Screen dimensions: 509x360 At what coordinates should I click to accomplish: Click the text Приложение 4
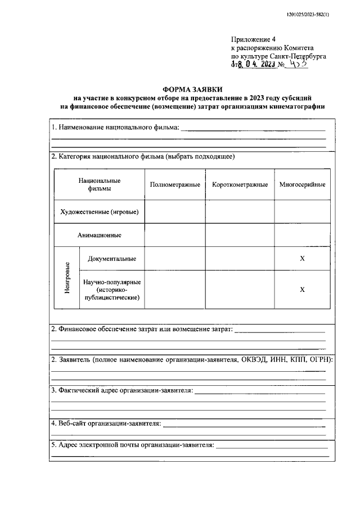click(x=254, y=39)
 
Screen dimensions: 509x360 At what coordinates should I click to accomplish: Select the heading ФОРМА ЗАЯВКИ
click(x=192, y=89)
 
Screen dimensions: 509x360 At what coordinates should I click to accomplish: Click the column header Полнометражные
click(x=174, y=185)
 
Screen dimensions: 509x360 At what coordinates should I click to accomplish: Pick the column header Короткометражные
click(x=239, y=185)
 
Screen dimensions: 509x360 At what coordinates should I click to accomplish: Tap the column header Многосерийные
click(x=302, y=185)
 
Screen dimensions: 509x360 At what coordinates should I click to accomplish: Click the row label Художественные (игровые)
click(x=100, y=211)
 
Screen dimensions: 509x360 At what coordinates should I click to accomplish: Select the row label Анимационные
click(x=100, y=235)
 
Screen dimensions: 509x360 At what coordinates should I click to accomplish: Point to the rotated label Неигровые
click(x=67, y=277)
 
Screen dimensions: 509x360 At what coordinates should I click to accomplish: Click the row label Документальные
click(x=111, y=259)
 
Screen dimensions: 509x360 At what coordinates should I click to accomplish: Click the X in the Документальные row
click(x=302, y=259)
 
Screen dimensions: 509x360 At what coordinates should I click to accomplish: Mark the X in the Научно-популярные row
click(x=302, y=289)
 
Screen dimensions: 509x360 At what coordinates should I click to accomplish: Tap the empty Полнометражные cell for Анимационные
click(x=174, y=235)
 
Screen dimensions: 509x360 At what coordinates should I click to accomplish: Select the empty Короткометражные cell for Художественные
click(x=239, y=211)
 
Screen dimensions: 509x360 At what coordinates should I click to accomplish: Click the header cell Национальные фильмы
click(x=100, y=184)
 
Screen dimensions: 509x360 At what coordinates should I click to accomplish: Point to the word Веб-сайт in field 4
click(x=73, y=423)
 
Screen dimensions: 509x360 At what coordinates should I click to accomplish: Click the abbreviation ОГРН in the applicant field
click(x=321, y=359)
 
